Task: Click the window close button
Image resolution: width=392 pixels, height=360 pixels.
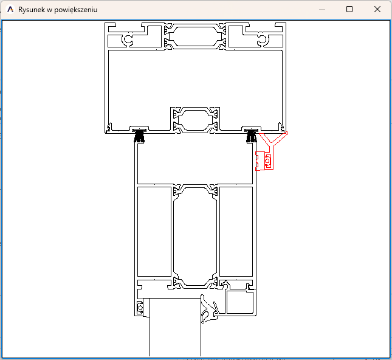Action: [x=377, y=9]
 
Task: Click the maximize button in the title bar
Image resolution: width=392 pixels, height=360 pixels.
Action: [x=349, y=9]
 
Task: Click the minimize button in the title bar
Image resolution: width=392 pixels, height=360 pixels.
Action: [x=322, y=10]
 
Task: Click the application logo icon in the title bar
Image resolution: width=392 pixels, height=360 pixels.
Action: [x=10, y=10]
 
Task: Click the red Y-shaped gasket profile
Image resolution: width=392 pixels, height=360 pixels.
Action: [x=270, y=151]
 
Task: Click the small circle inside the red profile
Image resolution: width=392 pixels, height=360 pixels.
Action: [x=268, y=161]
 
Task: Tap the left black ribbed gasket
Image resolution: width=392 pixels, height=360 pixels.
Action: [x=139, y=136]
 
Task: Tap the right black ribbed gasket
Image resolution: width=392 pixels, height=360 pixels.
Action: [x=252, y=136]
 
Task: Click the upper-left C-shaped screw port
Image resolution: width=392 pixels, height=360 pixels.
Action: [x=128, y=40]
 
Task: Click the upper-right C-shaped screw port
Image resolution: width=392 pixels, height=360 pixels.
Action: [x=263, y=40]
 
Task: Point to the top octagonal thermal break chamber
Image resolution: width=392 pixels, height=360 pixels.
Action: [x=195, y=36]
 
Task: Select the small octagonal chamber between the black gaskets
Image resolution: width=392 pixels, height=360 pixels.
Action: [x=195, y=120]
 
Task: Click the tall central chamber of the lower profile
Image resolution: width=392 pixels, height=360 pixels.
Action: [x=195, y=237]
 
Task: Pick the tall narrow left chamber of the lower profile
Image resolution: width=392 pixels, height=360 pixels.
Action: [x=154, y=232]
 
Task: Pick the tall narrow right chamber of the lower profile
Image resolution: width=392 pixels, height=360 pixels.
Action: [x=236, y=232]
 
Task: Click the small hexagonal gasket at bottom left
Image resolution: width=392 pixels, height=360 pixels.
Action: [x=140, y=307]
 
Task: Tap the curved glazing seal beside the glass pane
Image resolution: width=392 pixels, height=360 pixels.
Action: [x=209, y=309]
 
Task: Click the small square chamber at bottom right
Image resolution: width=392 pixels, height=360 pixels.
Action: [x=239, y=302]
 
